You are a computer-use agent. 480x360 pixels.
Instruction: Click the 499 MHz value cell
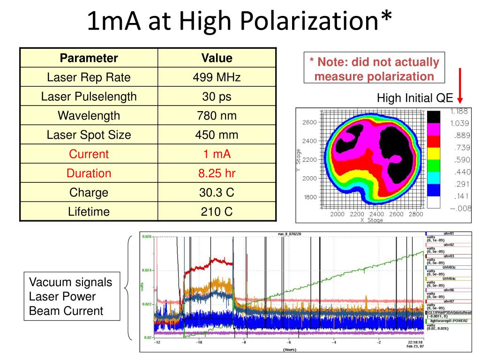click(x=217, y=77)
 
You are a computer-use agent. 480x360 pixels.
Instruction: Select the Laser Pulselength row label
click(x=89, y=97)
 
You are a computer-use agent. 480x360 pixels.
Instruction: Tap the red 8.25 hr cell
click(x=217, y=173)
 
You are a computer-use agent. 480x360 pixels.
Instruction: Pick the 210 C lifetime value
click(x=217, y=211)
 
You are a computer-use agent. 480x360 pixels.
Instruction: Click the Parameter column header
click(x=89, y=58)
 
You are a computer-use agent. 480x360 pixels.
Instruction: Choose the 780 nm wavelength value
click(x=217, y=116)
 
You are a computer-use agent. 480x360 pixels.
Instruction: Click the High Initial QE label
click(x=415, y=98)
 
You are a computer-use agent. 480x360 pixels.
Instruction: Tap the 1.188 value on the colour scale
click(x=459, y=111)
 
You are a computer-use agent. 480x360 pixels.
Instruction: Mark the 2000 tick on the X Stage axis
click(x=337, y=214)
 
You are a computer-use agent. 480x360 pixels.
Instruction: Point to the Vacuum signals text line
click(x=71, y=283)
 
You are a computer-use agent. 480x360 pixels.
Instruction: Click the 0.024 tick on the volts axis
click(x=147, y=270)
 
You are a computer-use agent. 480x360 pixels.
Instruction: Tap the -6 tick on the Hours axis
click(x=289, y=342)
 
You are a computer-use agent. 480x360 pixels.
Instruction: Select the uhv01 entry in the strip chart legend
click(x=449, y=233)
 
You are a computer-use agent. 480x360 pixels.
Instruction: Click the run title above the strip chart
click(x=290, y=233)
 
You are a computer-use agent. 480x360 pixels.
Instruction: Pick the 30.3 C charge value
click(x=217, y=192)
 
